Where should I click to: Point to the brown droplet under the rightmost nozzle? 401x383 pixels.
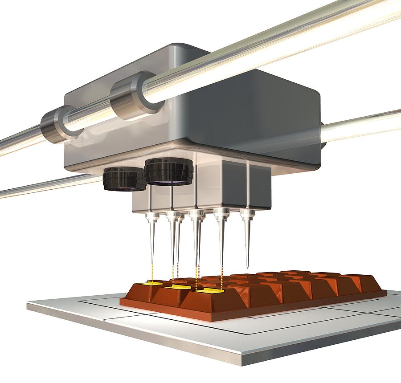[247, 268]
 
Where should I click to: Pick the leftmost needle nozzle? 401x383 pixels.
[152, 240]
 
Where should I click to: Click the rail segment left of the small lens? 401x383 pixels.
[49, 187]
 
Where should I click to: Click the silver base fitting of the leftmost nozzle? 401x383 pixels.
[152, 218]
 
